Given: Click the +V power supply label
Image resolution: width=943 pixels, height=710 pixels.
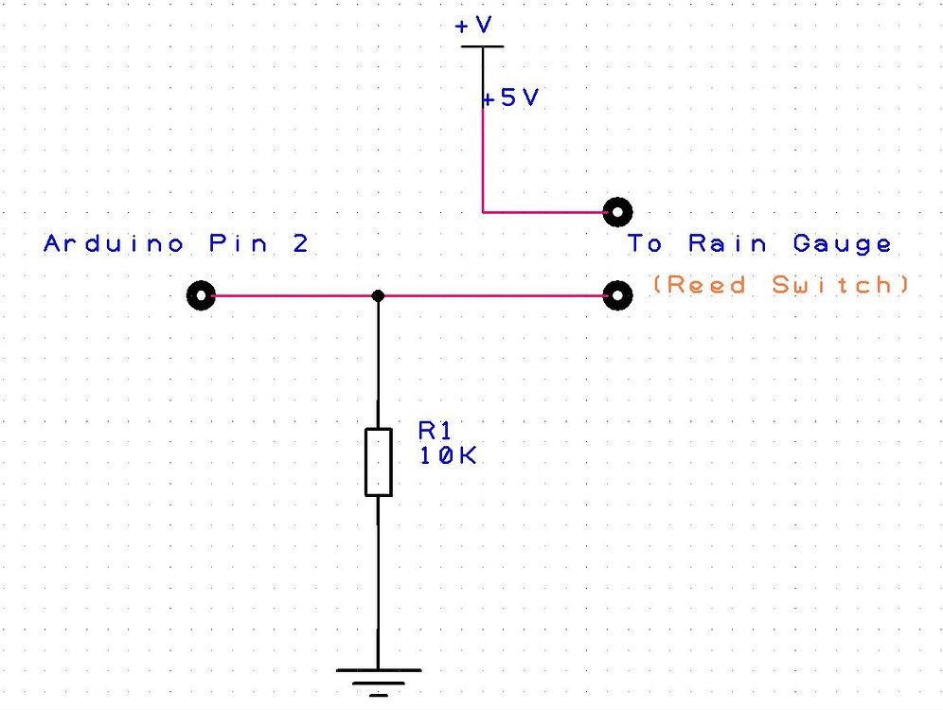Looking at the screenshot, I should pyautogui.click(x=473, y=27).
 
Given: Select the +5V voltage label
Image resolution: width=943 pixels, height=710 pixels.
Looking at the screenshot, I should pyautogui.click(x=510, y=98).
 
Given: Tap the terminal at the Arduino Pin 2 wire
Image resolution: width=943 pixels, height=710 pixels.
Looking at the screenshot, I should pyautogui.click(x=202, y=295).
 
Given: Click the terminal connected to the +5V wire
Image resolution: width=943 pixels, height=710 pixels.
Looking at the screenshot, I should pyautogui.click(x=617, y=211).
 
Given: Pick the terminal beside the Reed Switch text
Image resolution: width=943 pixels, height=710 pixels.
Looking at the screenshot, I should pyautogui.click(x=617, y=295).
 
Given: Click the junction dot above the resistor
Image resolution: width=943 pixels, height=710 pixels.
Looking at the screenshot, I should pyautogui.click(x=378, y=295).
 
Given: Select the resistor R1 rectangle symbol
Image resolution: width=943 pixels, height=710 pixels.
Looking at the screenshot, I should pyautogui.click(x=378, y=461).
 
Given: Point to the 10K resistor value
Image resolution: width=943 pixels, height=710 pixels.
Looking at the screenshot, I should pyautogui.click(x=447, y=455).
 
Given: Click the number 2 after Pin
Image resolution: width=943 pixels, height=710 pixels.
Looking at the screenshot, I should pyautogui.click(x=300, y=244).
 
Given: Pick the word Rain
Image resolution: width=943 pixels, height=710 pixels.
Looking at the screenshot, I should pyautogui.click(x=727, y=244).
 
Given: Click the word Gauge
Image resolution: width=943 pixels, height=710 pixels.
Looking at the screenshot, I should pyautogui.click(x=842, y=244).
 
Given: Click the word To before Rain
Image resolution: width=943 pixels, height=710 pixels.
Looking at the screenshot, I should pyautogui.click(x=646, y=244).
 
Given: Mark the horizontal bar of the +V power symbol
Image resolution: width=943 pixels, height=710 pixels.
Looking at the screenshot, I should pyautogui.click(x=483, y=45).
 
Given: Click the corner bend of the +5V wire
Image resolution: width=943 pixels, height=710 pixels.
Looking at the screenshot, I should pyautogui.click(x=483, y=211).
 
